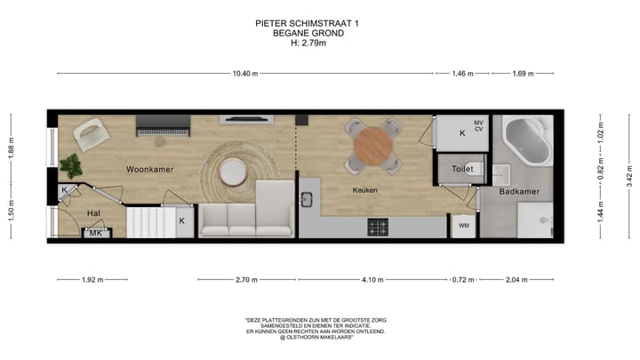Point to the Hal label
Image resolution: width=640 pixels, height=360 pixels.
point(93,213)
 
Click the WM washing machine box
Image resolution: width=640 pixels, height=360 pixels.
point(463,226)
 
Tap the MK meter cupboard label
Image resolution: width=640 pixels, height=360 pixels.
point(96,233)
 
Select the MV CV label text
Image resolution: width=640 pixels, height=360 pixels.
point(478,126)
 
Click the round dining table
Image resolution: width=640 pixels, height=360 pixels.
point(373,145)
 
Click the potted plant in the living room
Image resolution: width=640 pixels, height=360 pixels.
point(70,164)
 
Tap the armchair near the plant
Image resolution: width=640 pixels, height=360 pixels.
point(92,134)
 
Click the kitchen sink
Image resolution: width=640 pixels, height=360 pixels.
point(308,200)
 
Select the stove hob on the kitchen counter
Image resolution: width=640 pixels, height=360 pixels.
point(378,228)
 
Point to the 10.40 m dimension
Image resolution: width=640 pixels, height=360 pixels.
point(244,74)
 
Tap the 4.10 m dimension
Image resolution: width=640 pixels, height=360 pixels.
point(372,279)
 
